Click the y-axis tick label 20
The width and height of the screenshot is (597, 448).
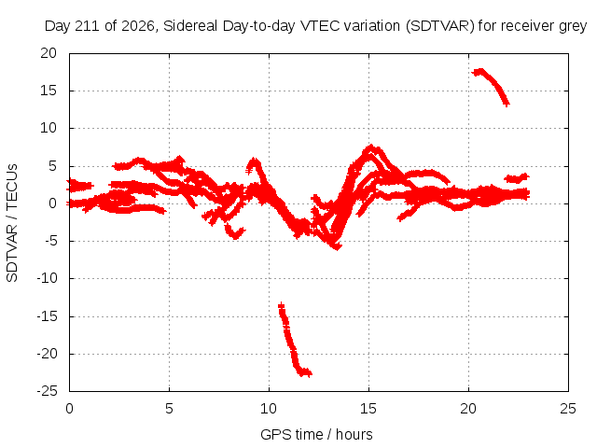[49, 53]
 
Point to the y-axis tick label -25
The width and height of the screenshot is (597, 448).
[47, 391]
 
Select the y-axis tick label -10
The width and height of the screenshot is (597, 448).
[47, 278]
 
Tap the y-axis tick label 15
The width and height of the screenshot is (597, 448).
[49, 91]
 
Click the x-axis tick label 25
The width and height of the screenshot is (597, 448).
[568, 409]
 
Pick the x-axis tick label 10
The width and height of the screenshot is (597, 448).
[269, 409]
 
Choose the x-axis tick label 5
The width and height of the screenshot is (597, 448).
[169, 409]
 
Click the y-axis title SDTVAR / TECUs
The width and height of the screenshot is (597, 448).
[12, 223]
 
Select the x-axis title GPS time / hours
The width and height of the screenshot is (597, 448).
[316, 434]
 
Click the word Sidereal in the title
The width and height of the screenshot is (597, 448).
[190, 26]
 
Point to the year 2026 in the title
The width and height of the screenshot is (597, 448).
[138, 26]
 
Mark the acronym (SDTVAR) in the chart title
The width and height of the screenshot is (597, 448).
[439, 26]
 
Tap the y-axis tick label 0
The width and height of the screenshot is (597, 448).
[52, 203]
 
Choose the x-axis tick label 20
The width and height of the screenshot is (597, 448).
[468, 409]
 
